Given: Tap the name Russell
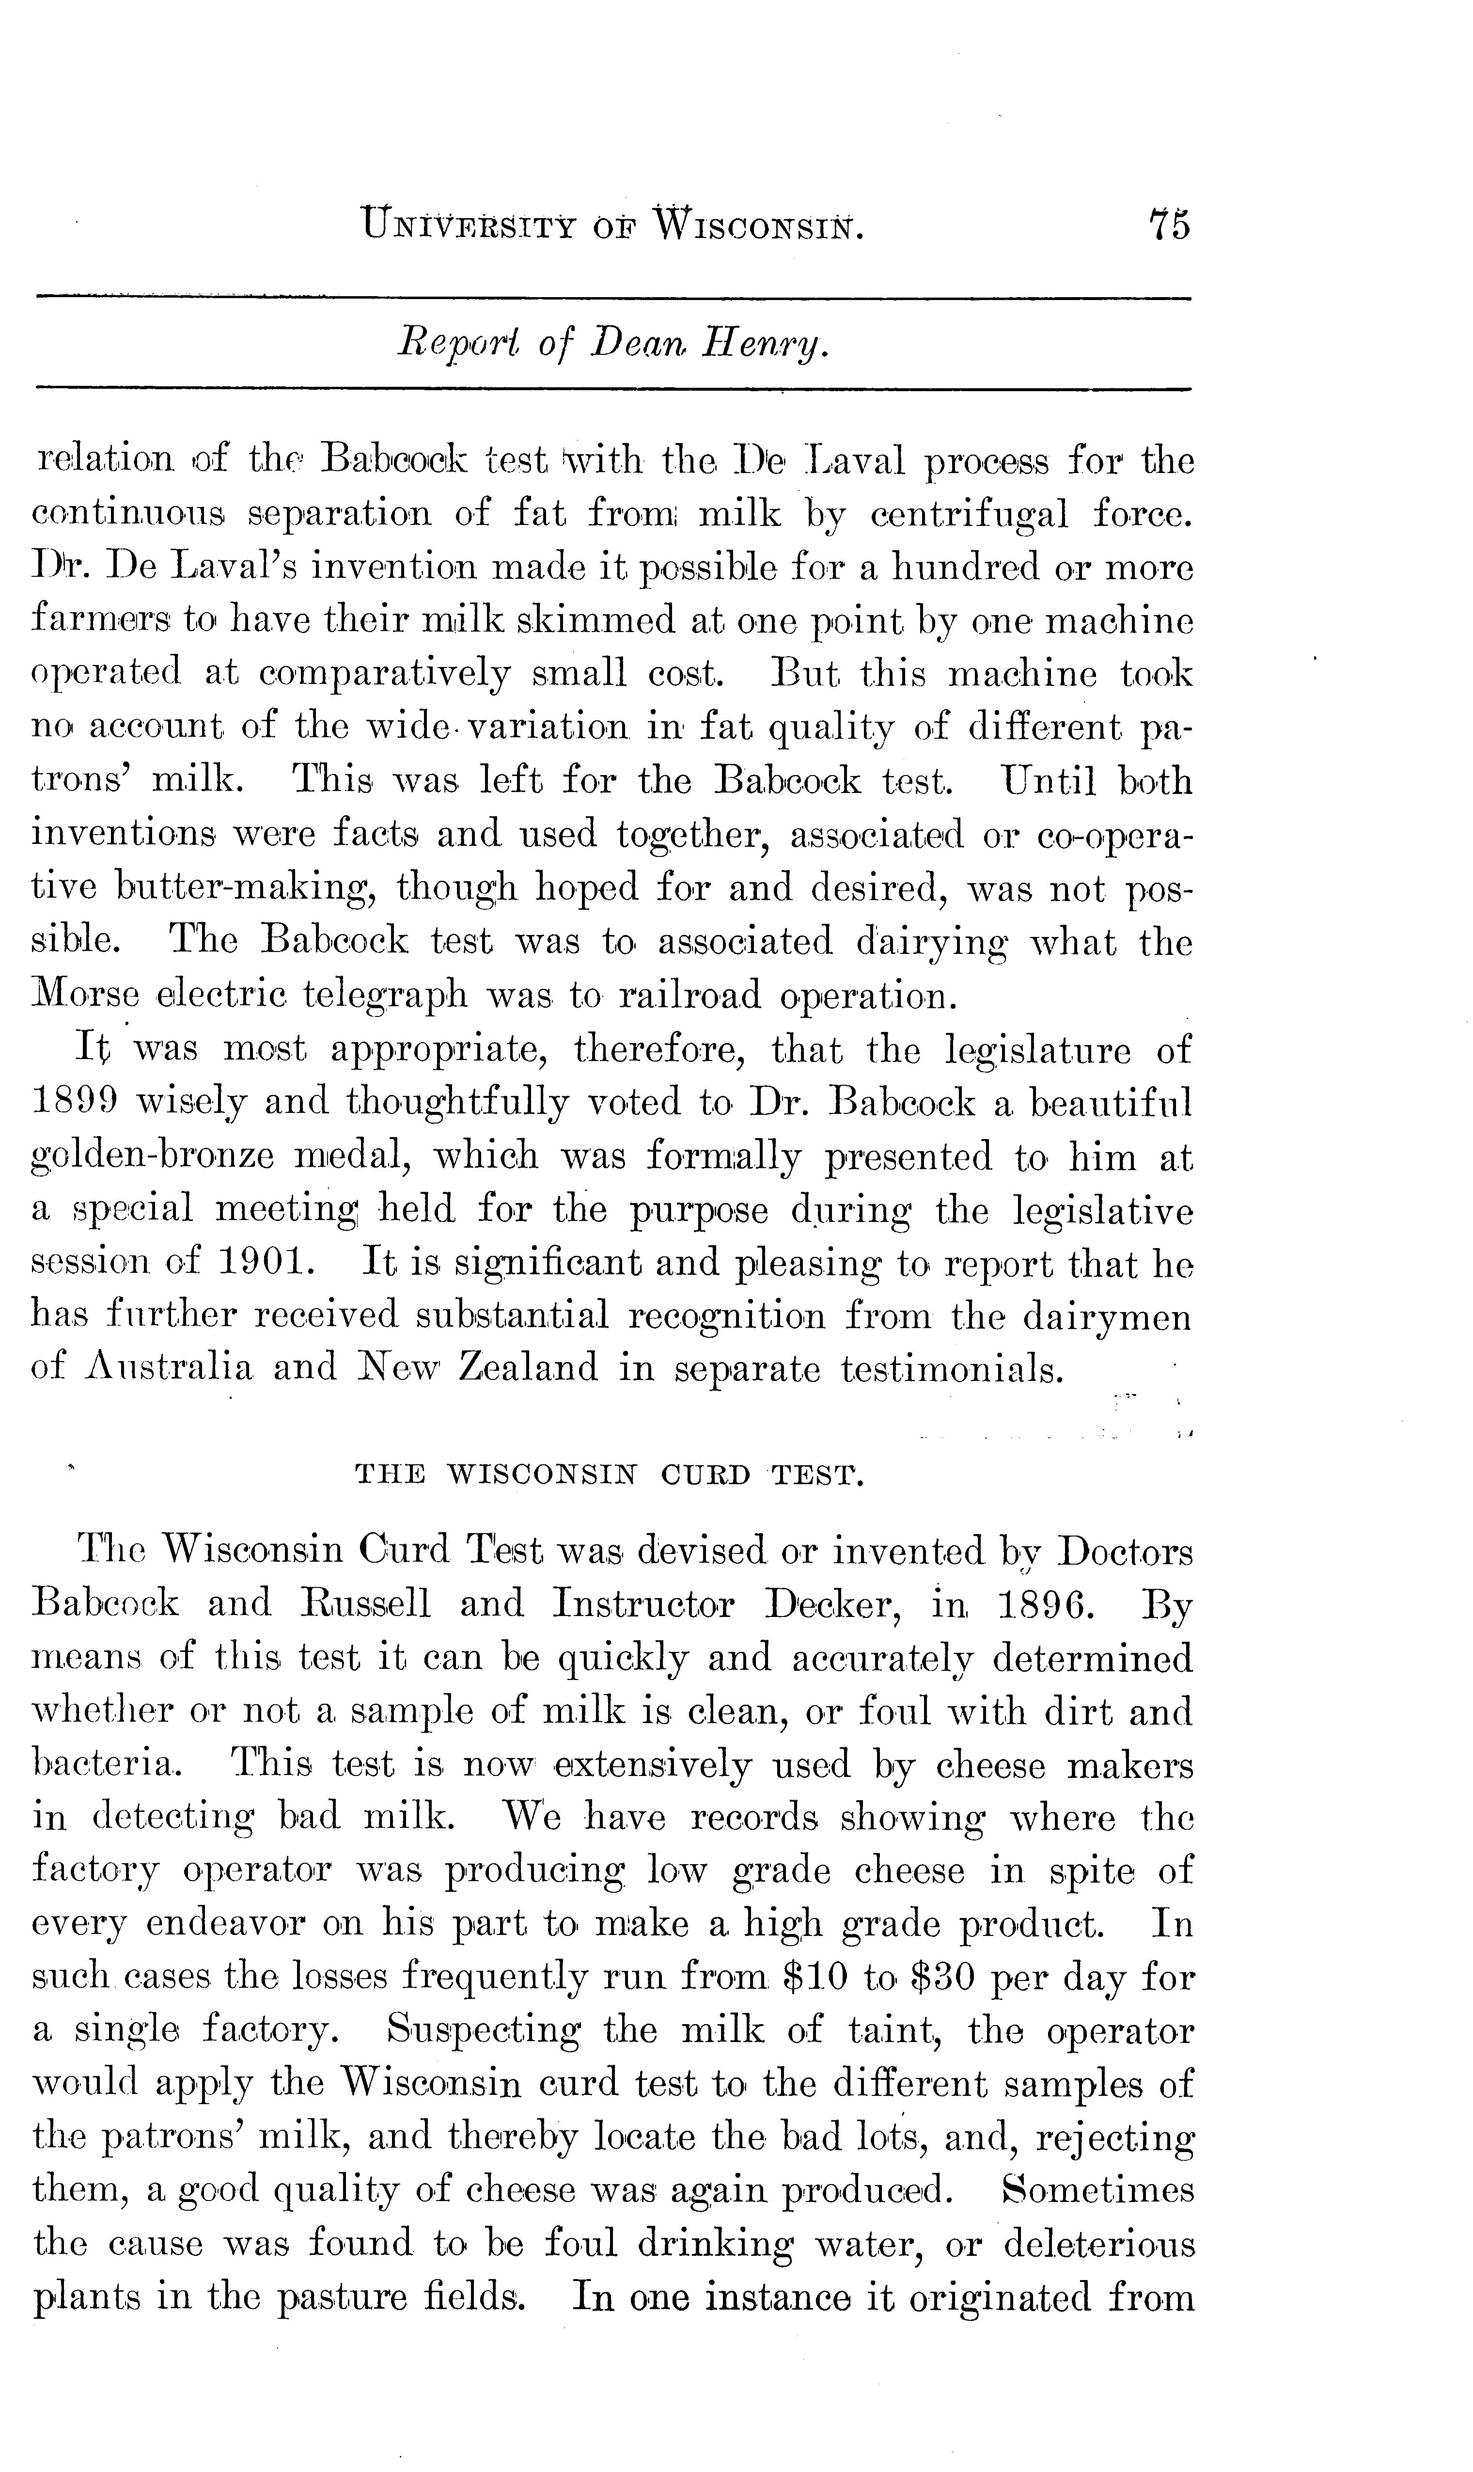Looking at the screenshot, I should coord(364,1603).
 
